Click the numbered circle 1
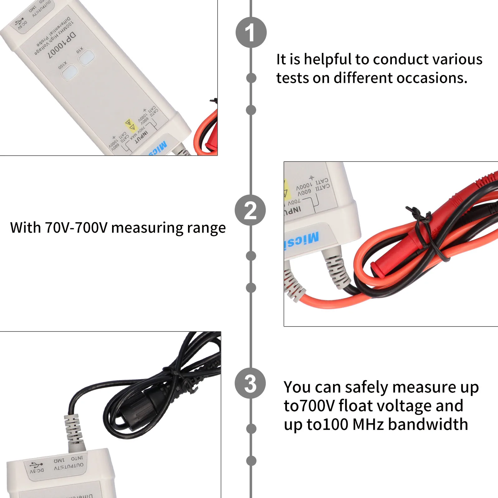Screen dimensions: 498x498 [x=251, y=32]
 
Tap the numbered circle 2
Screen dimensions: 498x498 [x=250, y=210]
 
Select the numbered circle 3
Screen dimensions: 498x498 [x=250, y=383]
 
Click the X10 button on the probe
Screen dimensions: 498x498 [x=86, y=57]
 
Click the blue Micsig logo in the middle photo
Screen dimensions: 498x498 [x=301, y=240]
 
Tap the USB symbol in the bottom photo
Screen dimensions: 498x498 [x=36, y=465]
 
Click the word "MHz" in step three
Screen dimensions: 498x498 [x=369, y=425]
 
